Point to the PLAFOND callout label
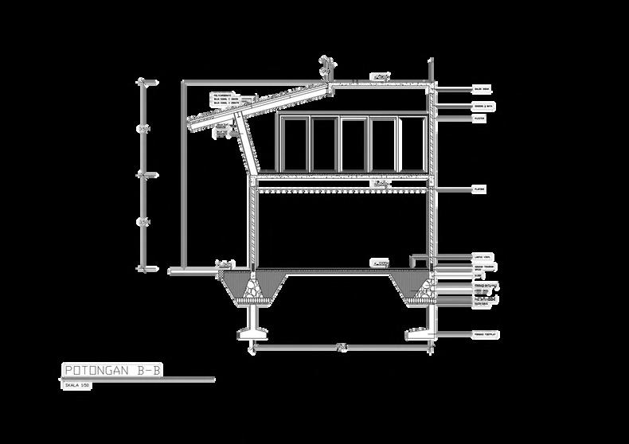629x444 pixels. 479,189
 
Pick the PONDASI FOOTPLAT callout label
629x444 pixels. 484,333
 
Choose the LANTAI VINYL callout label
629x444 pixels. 482,257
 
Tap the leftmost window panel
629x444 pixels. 295,144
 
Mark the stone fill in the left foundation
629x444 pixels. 253,290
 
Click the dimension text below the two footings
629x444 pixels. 341,345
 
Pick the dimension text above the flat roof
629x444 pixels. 381,76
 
